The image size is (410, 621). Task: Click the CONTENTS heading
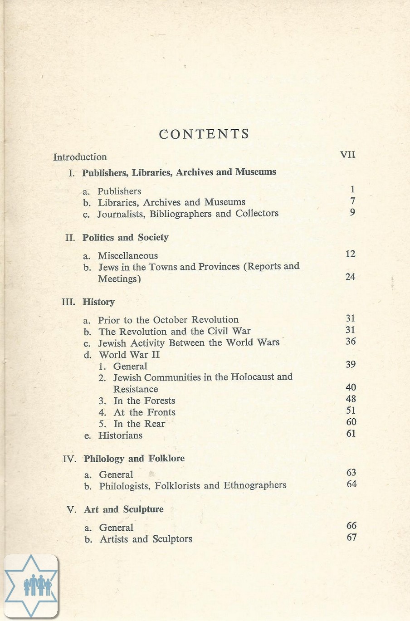pyautogui.click(x=204, y=134)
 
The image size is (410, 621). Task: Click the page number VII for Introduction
pyautogui.click(x=347, y=155)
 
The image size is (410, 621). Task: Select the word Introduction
pyautogui.click(x=80, y=157)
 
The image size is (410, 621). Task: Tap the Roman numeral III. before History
pyautogui.click(x=68, y=302)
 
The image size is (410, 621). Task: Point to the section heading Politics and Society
pyautogui.click(x=125, y=238)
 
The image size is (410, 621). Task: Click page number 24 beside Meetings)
pyautogui.click(x=350, y=277)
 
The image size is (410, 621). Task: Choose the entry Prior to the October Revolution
pyautogui.click(x=168, y=320)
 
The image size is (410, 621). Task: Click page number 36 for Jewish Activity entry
pyautogui.click(x=351, y=342)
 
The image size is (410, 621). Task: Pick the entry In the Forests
pyautogui.click(x=144, y=401)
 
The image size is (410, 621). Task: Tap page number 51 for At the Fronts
pyautogui.click(x=351, y=411)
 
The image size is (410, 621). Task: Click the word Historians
pyautogui.click(x=120, y=435)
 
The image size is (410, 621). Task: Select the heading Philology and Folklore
pyautogui.click(x=134, y=459)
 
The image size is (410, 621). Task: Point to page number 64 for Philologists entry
pyautogui.click(x=351, y=484)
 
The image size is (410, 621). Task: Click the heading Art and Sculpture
pyautogui.click(x=124, y=509)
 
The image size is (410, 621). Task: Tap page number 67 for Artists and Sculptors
pyautogui.click(x=351, y=538)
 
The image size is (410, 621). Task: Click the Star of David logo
pyautogui.click(x=31, y=586)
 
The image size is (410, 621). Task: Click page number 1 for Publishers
pyautogui.click(x=352, y=190)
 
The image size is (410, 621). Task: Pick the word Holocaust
pyautogui.click(x=252, y=377)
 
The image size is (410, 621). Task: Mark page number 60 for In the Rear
pyautogui.click(x=351, y=422)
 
